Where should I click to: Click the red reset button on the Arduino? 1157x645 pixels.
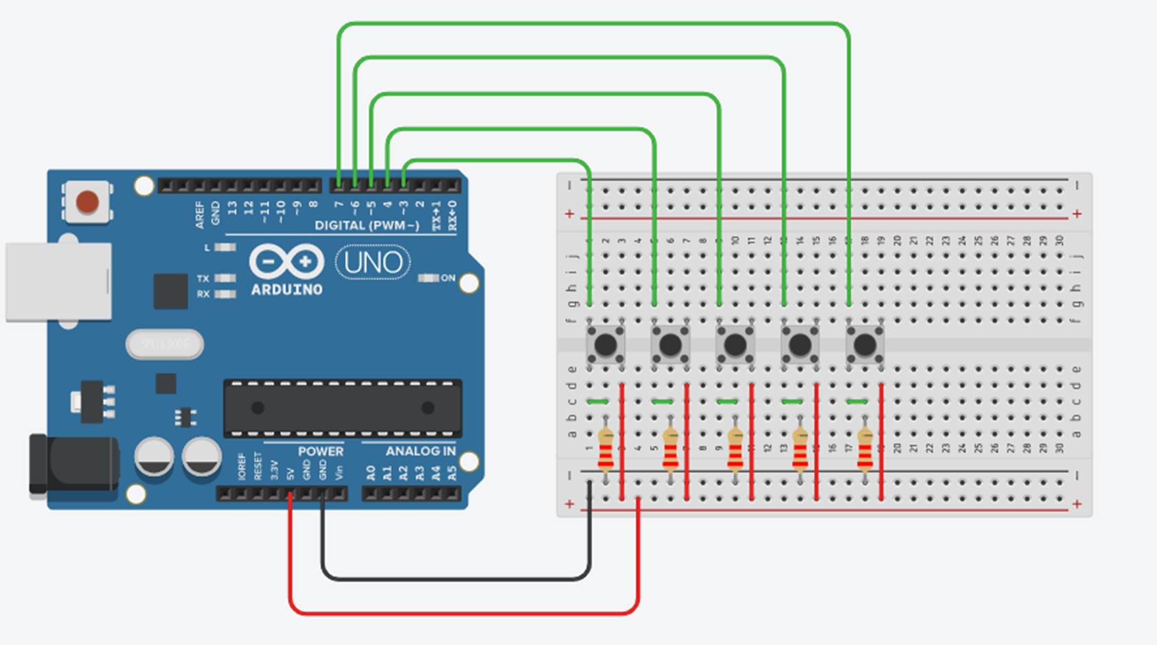pos(87,202)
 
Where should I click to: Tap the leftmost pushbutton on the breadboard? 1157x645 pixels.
pos(605,344)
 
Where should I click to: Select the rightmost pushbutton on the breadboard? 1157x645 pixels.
pos(864,344)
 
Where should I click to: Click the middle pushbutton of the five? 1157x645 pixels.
pos(735,344)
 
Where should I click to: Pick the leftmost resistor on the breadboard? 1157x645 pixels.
pos(605,450)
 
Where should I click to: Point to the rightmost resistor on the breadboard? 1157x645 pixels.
pos(864,450)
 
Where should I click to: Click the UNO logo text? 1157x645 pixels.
pos(373,263)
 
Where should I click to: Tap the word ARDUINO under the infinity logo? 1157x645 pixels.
pos(286,290)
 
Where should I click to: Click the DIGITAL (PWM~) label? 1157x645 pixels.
pos(367,226)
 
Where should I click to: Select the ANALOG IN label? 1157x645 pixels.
pos(420,451)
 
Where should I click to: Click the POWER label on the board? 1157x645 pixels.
pos(320,451)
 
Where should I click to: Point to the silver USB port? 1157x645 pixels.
pos(58,281)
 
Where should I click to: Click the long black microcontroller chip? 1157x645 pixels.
pos(342,408)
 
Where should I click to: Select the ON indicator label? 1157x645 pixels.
pos(448,278)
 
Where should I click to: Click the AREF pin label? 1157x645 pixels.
pos(200,214)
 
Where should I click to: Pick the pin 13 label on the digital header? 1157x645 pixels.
pos(232,207)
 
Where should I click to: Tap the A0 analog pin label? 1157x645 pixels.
pos(371,473)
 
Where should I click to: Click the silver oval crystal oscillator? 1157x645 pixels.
pos(164,344)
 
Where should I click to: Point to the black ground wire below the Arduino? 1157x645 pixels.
pos(453,579)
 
